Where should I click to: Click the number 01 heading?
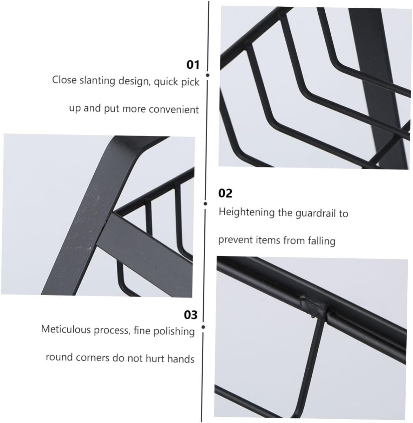pyautogui.click(x=192, y=65)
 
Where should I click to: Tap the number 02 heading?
pyautogui.click(x=225, y=193)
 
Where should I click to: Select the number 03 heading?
pyautogui.click(x=191, y=315)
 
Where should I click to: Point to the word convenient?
pyautogui.click(x=174, y=110)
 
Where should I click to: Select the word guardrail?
pyautogui.click(x=316, y=213)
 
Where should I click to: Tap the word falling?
pyautogui.click(x=321, y=241)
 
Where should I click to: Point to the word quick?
pyautogui.click(x=167, y=82)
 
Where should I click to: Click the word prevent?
pyautogui.click(x=230, y=240)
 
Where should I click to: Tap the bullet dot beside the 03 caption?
pyautogui.click(x=203, y=327)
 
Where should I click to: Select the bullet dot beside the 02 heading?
pyautogui.click(x=205, y=204)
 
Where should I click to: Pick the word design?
pyautogui.click(x=133, y=81)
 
